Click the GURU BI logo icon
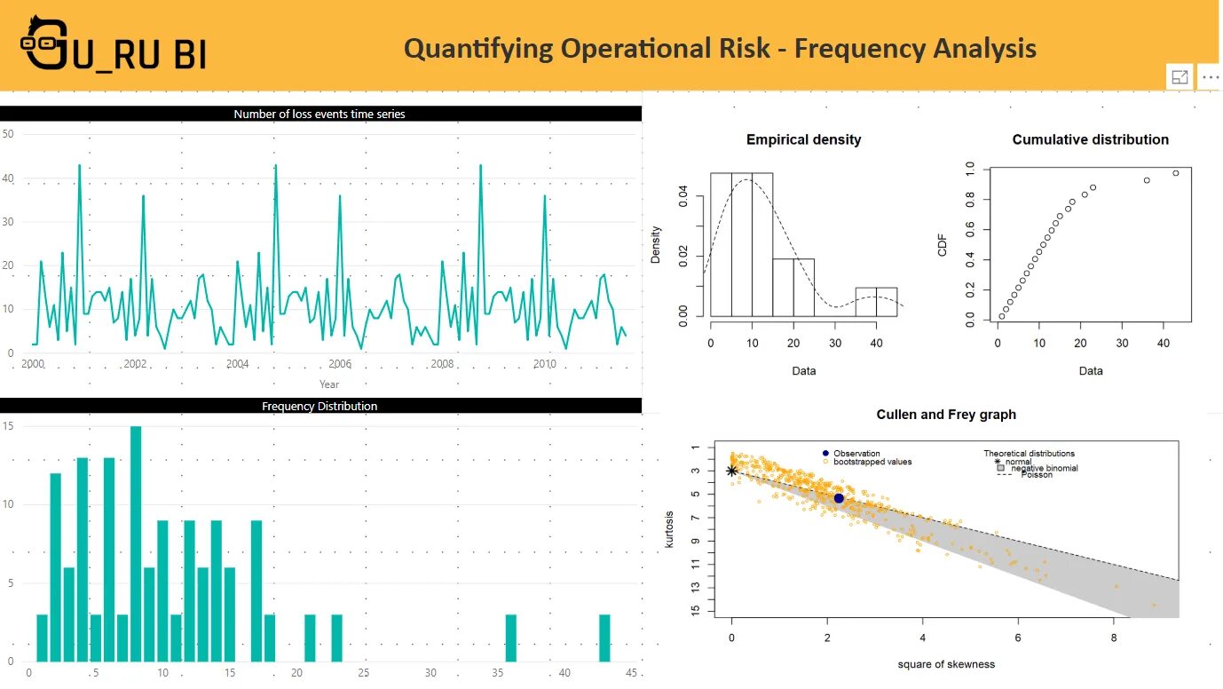coord(44,43)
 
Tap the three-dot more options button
coord(1210,77)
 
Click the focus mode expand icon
coord(1180,77)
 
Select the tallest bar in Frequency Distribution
coord(136,543)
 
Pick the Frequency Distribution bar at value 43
coord(604,638)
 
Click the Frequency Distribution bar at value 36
coord(510,638)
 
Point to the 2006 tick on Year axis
coord(340,364)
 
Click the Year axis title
coord(329,384)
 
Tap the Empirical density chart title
coord(803,139)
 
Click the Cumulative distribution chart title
coord(1090,139)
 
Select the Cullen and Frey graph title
coord(946,415)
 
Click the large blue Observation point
coord(839,498)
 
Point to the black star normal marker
coord(731,471)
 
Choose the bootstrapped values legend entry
coord(872,462)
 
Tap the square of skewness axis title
coord(946,664)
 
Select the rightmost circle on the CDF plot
coord(1176,173)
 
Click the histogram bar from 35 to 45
coord(876,302)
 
